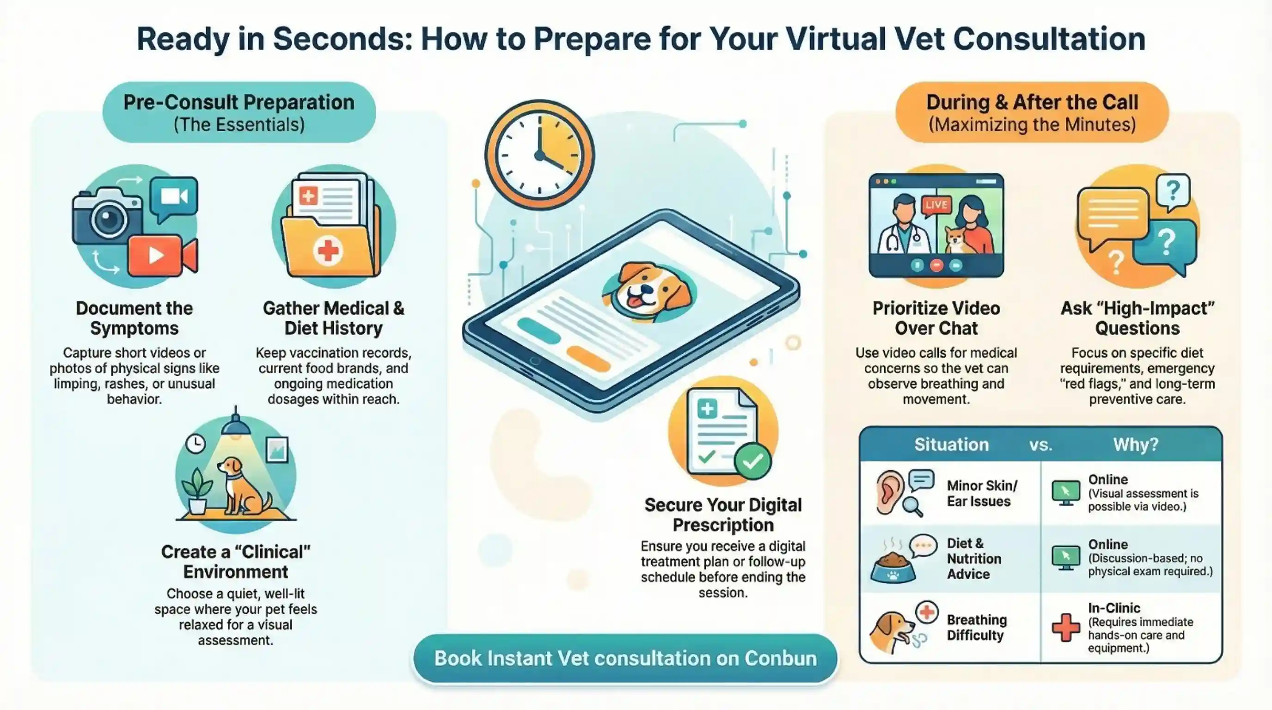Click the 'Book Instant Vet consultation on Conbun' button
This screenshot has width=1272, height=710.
coord(625,658)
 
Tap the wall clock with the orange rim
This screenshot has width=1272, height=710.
coord(540,155)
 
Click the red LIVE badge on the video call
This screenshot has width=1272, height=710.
coord(936,204)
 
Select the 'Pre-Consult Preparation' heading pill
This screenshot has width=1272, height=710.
coord(239,113)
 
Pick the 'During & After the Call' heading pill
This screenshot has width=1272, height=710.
coord(1032,113)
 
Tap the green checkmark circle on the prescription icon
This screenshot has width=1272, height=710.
coord(752,461)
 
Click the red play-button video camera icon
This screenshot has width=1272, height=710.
coord(162,255)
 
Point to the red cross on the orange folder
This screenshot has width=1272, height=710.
coord(328,251)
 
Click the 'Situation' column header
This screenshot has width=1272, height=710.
coord(952,444)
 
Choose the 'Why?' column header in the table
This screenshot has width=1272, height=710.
coord(1136,444)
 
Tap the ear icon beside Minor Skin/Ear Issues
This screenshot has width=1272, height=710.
coord(890,492)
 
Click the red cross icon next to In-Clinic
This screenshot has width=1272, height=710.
coord(1065,627)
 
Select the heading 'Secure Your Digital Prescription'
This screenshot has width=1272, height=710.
coord(723,514)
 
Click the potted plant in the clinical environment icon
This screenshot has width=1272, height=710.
coord(197,491)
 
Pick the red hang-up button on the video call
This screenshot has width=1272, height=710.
coord(936,266)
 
